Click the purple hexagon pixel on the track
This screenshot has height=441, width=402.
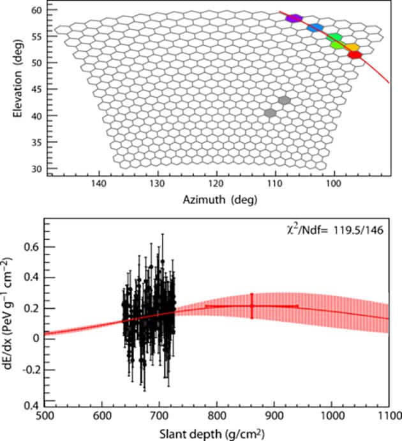294,19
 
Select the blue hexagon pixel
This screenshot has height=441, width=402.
315,28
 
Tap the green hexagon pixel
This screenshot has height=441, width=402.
334,39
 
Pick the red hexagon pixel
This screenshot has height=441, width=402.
355,55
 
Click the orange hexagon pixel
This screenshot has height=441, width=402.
351,47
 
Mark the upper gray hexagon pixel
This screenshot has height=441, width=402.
284,100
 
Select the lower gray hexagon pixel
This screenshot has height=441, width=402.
271,113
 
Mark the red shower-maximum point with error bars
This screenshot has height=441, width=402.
252,306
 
